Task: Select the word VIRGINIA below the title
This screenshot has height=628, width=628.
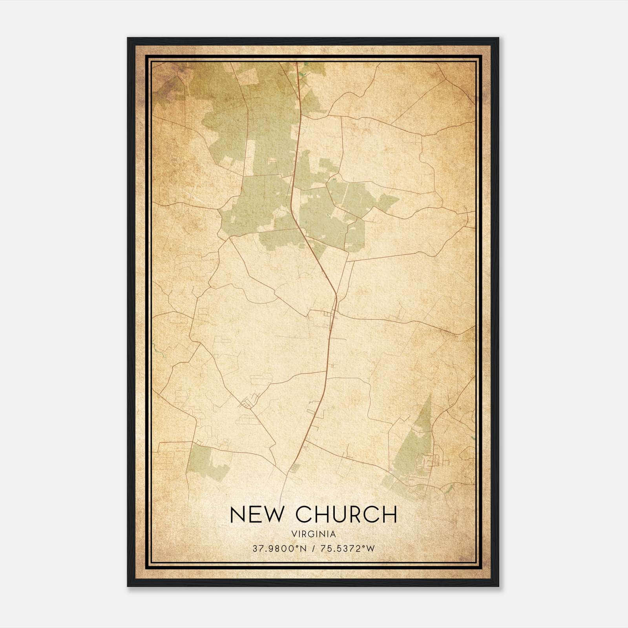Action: pos(314,534)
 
